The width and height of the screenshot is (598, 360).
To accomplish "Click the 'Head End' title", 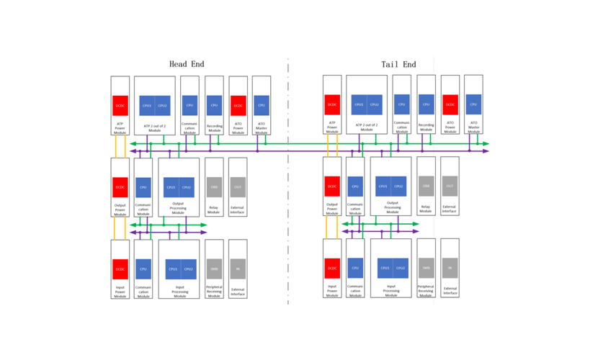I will coord(187,64).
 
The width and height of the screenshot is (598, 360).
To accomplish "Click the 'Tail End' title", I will coord(398,64).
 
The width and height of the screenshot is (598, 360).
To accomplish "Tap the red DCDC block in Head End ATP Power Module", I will coord(120,105).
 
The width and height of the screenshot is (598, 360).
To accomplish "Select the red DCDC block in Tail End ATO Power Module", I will coord(450,104).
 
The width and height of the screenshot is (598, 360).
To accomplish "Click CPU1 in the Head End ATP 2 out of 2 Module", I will coord(147,105).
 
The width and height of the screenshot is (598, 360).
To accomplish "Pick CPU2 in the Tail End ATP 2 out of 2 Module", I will coord(375,104).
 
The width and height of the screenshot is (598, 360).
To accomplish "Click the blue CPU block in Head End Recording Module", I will coord(214,105).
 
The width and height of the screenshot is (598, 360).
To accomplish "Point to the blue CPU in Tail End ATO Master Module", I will coord(473,104).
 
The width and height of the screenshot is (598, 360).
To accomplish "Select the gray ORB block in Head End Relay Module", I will coord(214,187).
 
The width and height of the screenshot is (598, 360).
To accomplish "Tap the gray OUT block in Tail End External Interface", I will coord(450,186).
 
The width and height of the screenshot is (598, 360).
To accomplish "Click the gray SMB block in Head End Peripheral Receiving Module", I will coord(214,269).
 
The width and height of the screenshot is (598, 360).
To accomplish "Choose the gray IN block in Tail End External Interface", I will coord(450,268).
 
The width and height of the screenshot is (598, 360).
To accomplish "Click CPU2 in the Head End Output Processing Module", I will coord(187,187).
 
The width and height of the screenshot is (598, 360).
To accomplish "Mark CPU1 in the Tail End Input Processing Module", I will coord(385,268).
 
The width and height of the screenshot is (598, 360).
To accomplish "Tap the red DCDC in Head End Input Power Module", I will coord(120,269).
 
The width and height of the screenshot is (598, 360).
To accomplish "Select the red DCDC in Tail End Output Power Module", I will coord(332,186).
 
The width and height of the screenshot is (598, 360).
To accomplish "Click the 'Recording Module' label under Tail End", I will coord(427,127).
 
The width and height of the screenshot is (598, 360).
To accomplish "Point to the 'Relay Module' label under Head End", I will coord(214,210).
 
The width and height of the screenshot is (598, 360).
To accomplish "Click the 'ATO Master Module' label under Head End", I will coord(262,127).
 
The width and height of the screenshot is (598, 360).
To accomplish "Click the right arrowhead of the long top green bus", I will coord(486,144).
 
